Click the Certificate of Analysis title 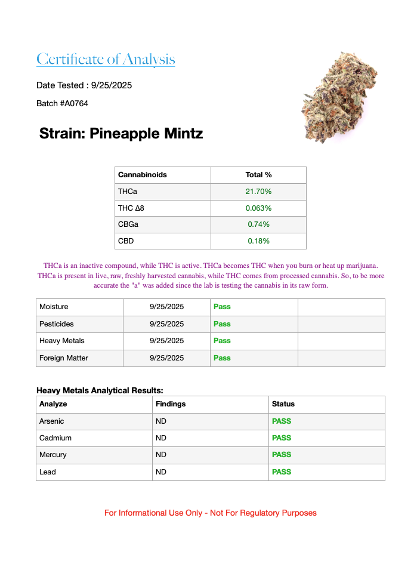(106, 60)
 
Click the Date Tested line (84, 85)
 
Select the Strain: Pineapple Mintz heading (121, 134)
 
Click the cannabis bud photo (338, 97)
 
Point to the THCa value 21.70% (258, 192)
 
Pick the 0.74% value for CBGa (258, 224)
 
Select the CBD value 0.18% (258, 241)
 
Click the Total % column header (258, 175)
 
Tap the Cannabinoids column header (143, 175)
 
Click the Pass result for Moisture (222, 307)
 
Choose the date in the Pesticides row (167, 324)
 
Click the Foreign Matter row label (64, 358)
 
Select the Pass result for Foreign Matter (222, 358)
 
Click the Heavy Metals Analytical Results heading (100, 390)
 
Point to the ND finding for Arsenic (161, 421)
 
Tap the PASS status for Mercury (282, 455)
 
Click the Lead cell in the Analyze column (48, 472)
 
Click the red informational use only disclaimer (211, 513)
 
